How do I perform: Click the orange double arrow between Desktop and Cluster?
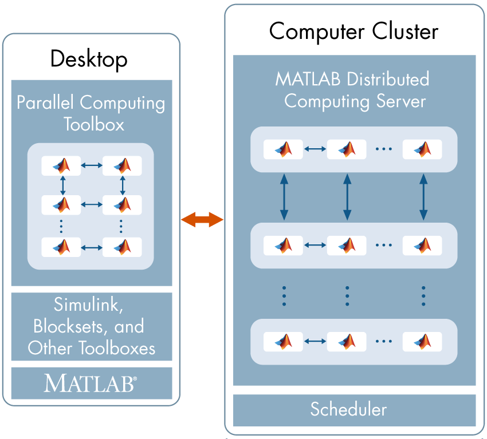pyautogui.click(x=202, y=219)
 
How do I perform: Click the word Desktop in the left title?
pyautogui.click(x=89, y=58)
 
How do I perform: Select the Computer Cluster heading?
pyautogui.click(x=354, y=31)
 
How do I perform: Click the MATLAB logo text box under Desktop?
pyautogui.click(x=91, y=383)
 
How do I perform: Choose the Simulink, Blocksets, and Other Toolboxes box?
pyautogui.click(x=91, y=326)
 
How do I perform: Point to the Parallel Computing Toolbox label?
pyautogui.click(x=91, y=113)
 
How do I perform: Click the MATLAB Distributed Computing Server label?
pyautogui.click(x=354, y=90)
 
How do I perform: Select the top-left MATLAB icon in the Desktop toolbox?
pyautogui.click(x=61, y=166)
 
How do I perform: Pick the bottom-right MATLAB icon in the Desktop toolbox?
pyautogui.click(x=122, y=247)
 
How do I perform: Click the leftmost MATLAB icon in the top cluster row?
pyautogui.click(x=284, y=149)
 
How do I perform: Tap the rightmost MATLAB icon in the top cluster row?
pyautogui.click(x=422, y=149)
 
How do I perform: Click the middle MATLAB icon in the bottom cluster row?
pyautogui.click(x=347, y=341)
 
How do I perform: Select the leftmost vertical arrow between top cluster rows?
pyautogui.click(x=284, y=197)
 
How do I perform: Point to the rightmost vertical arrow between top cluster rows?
pyautogui.click(x=423, y=197)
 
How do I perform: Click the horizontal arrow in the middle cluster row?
pyautogui.click(x=315, y=245)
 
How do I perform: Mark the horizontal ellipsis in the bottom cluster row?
pyautogui.click(x=383, y=342)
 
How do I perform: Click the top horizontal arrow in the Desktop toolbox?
pyautogui.click(x=92, y=166)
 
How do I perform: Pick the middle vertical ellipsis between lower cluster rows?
pyautogui.click(x=347, y=296)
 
